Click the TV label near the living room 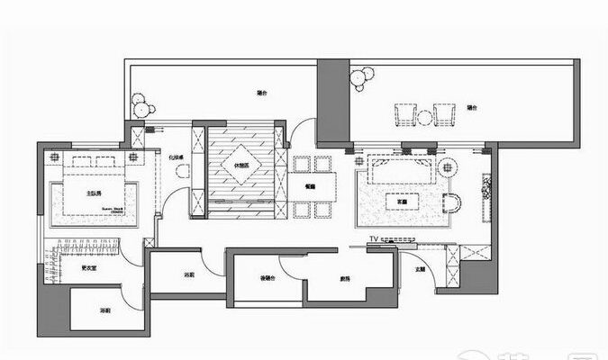tap(375, 238)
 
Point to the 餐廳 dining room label tap(310, 186)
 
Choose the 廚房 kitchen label tap(345, 279)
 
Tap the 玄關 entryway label tap(421, 269)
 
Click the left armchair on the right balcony tap(403, 116)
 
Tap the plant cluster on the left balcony tap(141, 105)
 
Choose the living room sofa tap(396, 168)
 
